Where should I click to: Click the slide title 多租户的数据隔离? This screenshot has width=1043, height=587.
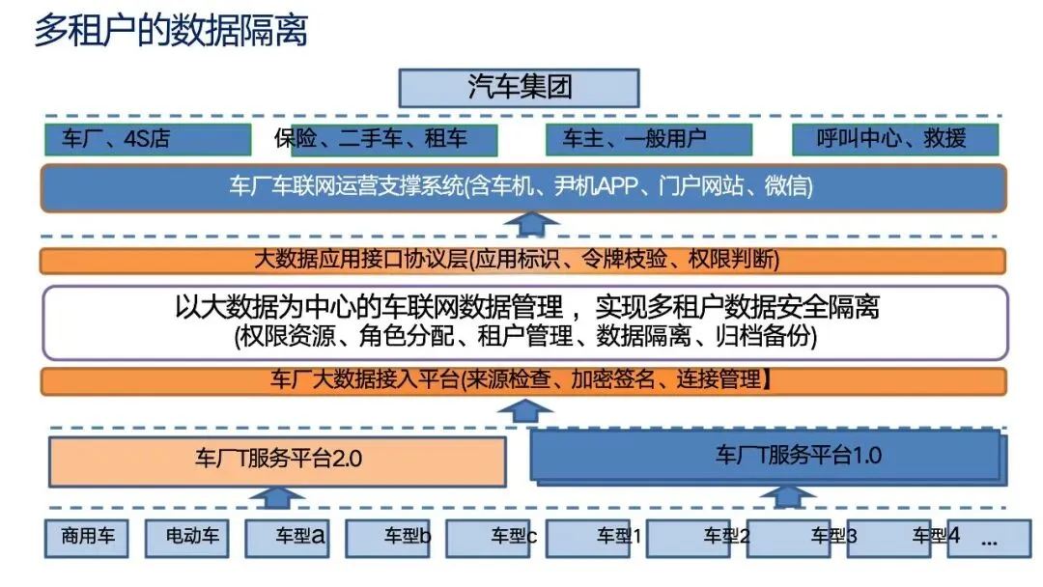pyautogui.click(x=171, y=31)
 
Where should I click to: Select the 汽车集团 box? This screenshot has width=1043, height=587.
pyautogui.click(x=520, y=87)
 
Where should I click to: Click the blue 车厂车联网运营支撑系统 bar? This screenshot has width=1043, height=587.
pyautogui.click(x=522, y=187)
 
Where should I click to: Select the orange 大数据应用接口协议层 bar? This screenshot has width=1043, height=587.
pyautogui.click(x=522, y=261)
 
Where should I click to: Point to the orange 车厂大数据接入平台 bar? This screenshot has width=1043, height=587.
pyautogui.click(x=522, y=380)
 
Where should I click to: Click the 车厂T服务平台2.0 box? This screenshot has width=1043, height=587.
pyautogui.click(x=278, y=461)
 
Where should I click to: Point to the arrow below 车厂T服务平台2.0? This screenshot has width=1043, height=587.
pyautogui.click(x=276, y=497)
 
